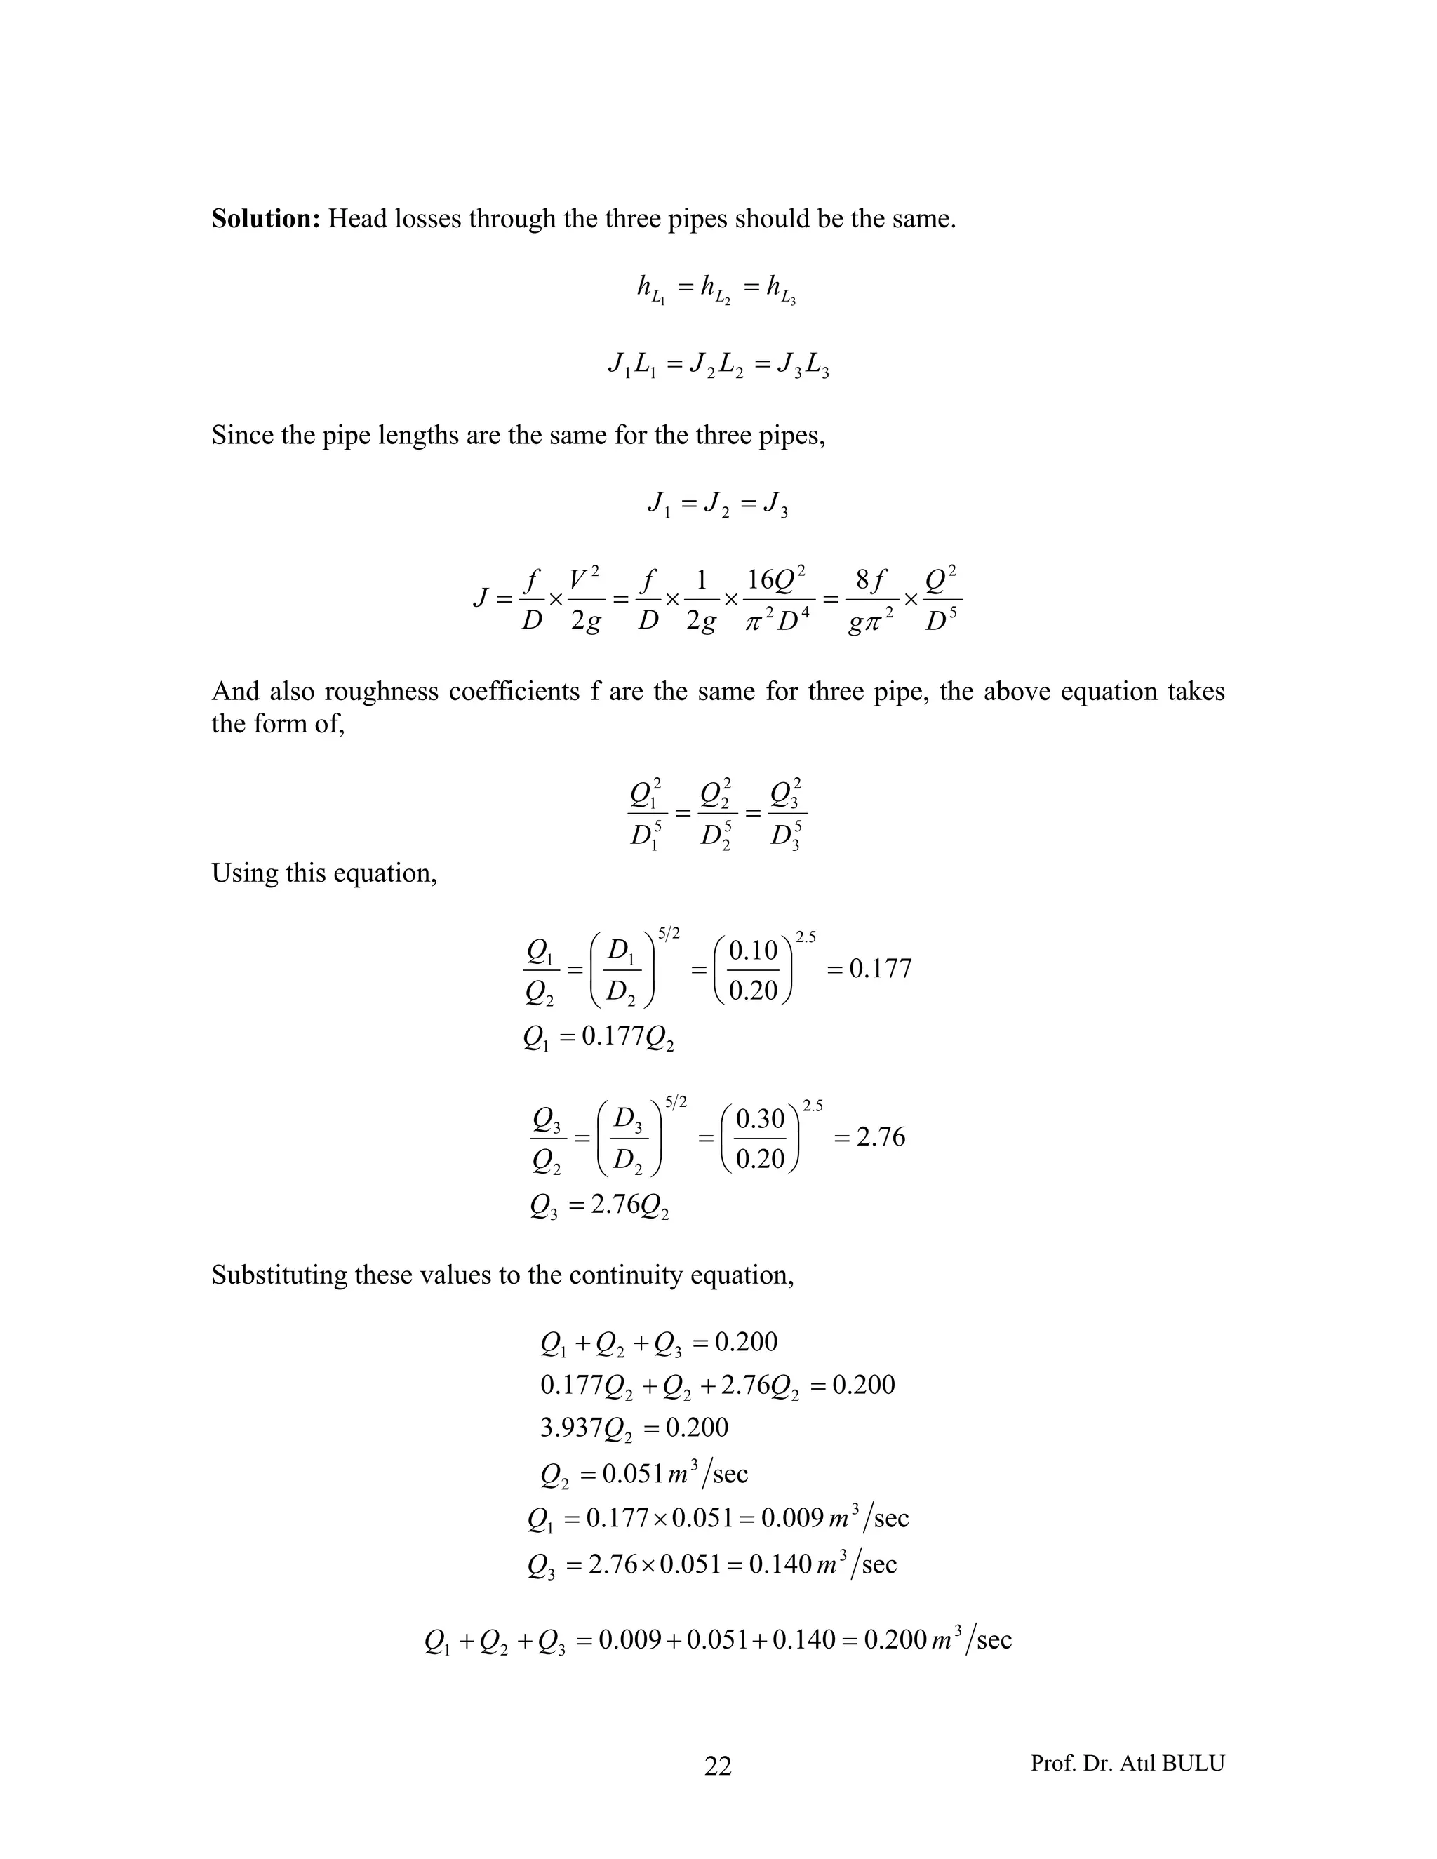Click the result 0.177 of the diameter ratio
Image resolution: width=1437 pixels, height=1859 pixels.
coord(881,969)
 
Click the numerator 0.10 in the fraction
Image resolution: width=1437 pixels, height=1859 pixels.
coord(754,950)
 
